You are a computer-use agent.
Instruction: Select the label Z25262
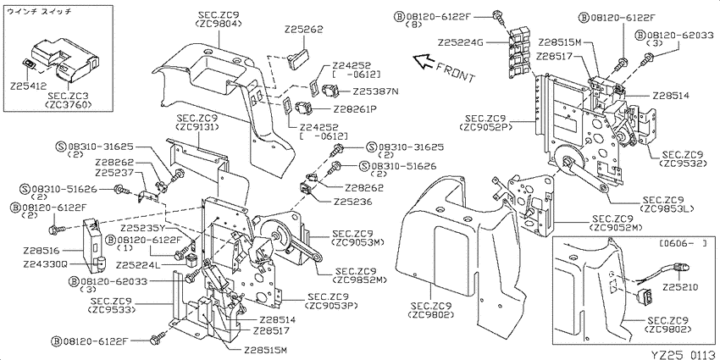click(x=305, y=29)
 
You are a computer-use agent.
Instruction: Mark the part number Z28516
click(x=41, y=252)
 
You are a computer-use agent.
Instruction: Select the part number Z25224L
click(x=137, y=265)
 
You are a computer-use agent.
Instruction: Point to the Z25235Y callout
click(x=142, y=228)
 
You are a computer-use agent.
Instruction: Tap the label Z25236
click(x=352, y=202)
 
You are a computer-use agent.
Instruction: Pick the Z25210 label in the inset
click(x=680, y=288)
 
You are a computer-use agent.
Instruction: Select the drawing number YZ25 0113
click(x=684, y=354)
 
